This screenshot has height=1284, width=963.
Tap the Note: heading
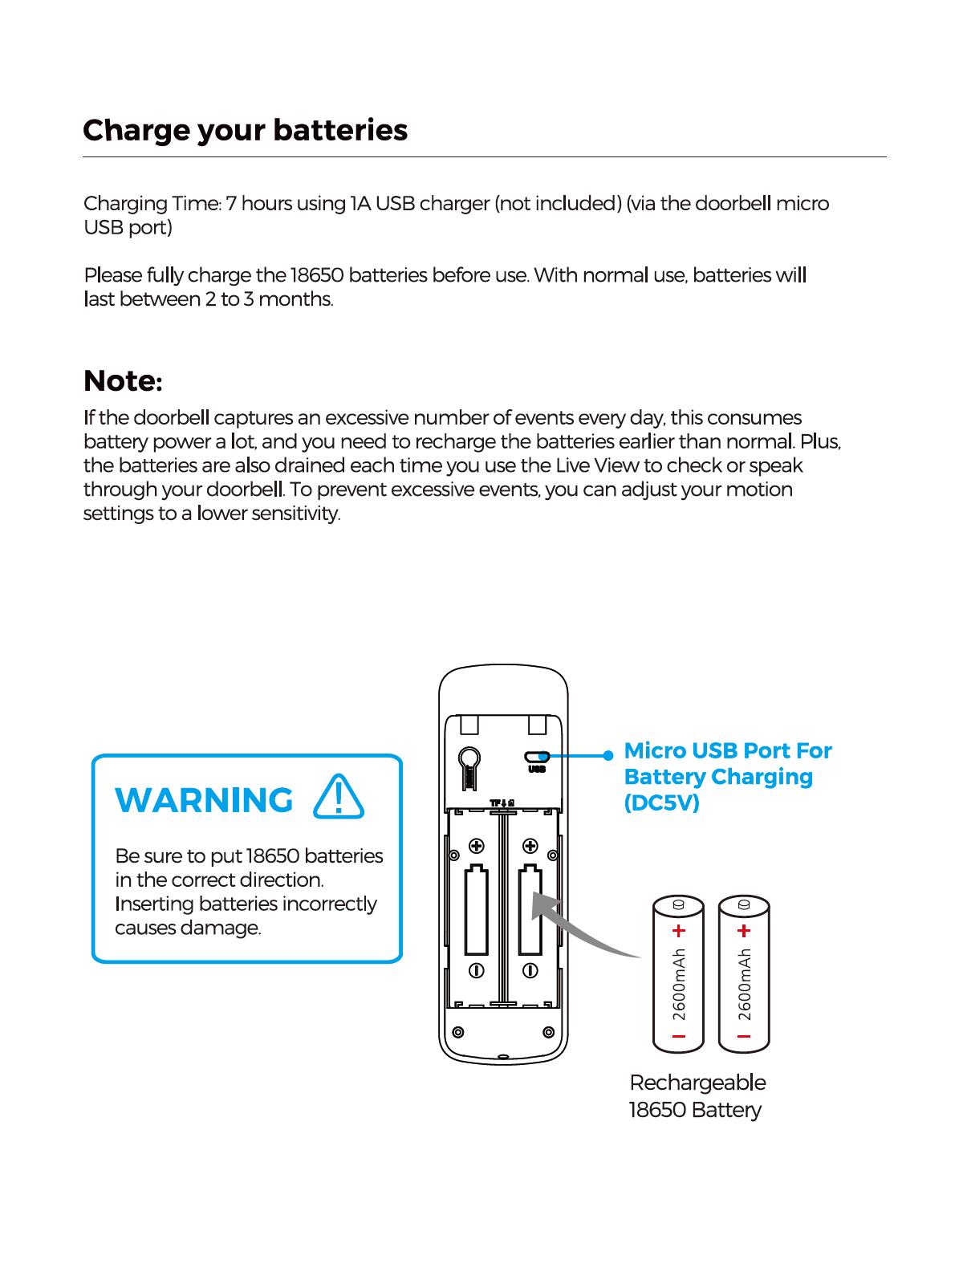tap(123, 381)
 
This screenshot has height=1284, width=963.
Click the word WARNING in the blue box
tap(205, 801)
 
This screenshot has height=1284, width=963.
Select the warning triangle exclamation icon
tap(340, 798)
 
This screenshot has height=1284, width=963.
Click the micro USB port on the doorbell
tap(536, 756)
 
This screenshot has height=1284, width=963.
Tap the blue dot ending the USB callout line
tap(607, 755)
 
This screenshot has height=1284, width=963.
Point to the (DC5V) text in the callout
tap(661, 803)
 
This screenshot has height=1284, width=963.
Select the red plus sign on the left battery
tap(679, 931)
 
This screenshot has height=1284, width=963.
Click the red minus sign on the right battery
tap(743, 1036)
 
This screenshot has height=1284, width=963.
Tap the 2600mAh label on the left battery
tap(680, 984)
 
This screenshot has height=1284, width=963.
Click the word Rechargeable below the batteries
tap(697, 1083)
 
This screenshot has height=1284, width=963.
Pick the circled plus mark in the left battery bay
tap(476, 845)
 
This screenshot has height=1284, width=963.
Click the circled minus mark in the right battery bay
tap(530, 970)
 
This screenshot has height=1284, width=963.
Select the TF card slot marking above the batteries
tap(502, 803)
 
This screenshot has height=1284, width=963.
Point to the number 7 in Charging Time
tap(230, 204)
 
